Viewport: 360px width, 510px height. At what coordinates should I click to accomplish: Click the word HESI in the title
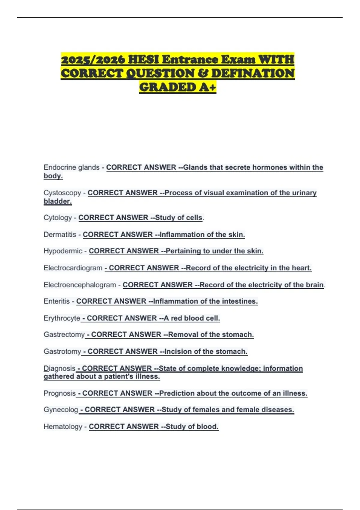point(143,59)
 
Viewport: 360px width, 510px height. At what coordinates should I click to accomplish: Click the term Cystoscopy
point(62,193)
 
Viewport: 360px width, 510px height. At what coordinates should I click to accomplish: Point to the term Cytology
point(58,218)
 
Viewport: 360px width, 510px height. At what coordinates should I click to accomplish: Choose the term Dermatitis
point(60,235)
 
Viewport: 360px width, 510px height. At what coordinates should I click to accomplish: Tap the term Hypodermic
point(63,251)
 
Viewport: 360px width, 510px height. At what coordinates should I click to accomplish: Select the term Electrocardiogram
point(73,268)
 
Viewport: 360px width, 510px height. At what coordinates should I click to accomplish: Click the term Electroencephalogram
point(79,285)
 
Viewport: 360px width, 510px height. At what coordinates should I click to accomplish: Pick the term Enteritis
point(56,301)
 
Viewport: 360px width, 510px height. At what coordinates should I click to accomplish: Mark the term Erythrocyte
point(62,318)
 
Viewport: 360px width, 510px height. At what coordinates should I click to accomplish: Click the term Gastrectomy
point(64,334)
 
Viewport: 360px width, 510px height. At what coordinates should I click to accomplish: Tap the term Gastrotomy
point(62,351)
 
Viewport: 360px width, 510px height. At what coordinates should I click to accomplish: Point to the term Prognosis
point(59,393)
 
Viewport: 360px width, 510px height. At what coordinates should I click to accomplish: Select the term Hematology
point(63,427)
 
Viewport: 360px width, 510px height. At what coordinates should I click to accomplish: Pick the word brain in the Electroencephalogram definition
point(315,285)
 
